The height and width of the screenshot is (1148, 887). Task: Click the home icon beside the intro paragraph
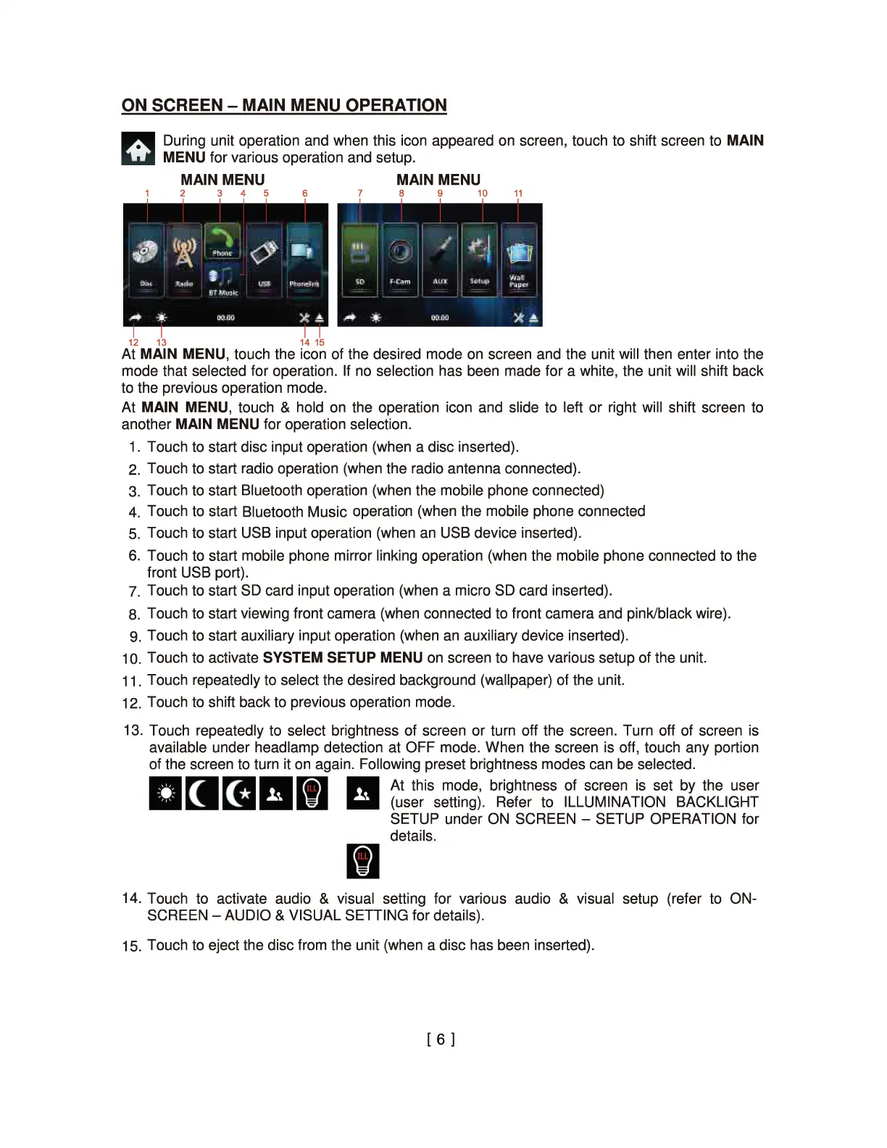tap(138, 149)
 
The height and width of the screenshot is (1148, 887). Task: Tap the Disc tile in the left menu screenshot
tap(146, 259)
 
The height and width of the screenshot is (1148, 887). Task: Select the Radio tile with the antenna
tap(184, 259)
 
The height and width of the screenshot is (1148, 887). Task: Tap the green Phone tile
tap(222, 241)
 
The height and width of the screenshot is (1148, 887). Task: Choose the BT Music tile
tap(222, 280)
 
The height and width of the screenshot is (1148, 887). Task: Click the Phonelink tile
tap(304, 259)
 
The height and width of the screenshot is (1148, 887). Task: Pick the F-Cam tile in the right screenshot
tap(400, 259)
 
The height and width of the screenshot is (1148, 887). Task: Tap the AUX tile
tap(440, 259)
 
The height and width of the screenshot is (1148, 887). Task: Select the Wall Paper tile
tap(518, 259)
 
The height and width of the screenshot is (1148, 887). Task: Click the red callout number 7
tap(360, 194)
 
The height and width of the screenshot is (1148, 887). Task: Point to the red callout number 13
tap(162, 342)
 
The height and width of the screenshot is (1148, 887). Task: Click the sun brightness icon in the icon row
tap(165, 793)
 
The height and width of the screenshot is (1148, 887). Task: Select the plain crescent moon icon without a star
tap(201, 793)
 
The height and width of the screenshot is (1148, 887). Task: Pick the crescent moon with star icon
tap(238, 793)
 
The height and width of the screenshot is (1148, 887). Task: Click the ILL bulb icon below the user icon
tap(362, 861)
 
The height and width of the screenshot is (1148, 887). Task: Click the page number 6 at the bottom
tap(441, 1039)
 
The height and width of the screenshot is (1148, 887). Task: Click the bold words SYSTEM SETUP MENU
tap(343, 657)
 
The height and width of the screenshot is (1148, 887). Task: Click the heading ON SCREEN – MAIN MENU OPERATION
tap(284, 105)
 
